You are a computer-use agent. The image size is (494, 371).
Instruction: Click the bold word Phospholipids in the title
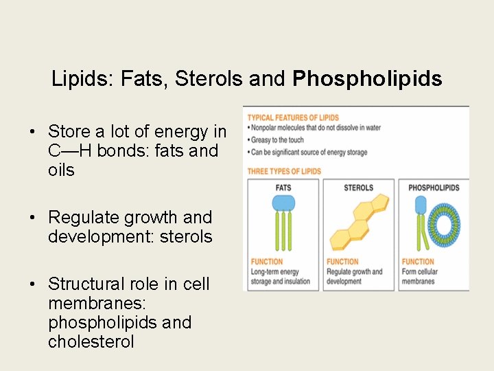click(x=367, y=79)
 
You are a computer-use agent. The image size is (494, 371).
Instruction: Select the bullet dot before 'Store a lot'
click(x=32, y=132)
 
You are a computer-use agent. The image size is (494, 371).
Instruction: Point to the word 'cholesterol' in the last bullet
click(x=91, y=341)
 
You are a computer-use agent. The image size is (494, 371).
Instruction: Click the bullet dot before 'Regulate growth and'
click(x=32, y=218)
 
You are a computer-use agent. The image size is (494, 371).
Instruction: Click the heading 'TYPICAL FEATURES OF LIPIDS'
click(x=293, y=117)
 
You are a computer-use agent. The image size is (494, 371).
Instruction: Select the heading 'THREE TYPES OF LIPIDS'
click(x=284, y=171)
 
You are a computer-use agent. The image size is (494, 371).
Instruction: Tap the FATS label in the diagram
click(x=283, y=188)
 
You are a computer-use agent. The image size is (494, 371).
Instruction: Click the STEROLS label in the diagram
click(x=358, y=188)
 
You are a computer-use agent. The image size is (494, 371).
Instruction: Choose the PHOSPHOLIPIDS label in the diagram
click(x=434, y=188)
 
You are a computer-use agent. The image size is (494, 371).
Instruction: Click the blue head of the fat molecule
click(x=283, y=203)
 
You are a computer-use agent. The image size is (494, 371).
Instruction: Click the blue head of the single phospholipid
click(x=421, y=205)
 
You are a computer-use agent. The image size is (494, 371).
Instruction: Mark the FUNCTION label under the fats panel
click(x=266, y=262)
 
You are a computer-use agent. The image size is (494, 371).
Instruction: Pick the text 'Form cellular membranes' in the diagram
click(x=419, y=276)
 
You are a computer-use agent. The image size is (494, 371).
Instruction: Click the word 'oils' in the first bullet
click(x=61, y=170)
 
